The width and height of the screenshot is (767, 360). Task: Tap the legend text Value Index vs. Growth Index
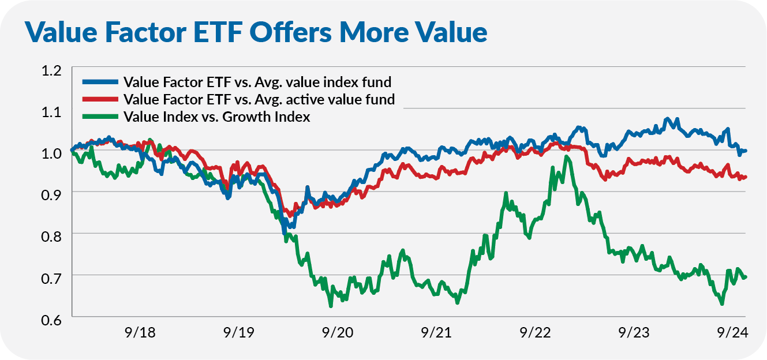217,117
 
